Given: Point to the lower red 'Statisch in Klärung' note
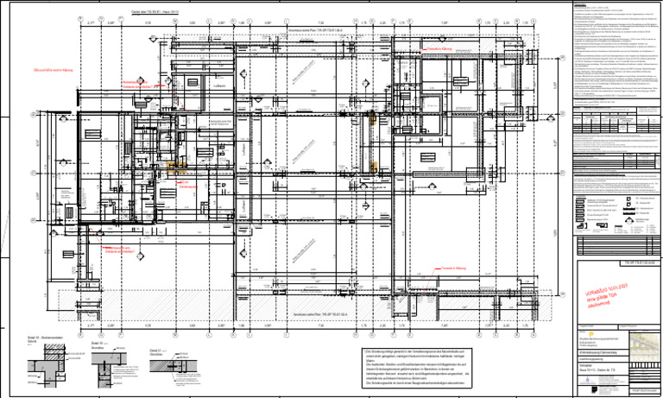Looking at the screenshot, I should coord(453,269).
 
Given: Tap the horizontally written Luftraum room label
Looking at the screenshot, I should coord(218,85).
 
